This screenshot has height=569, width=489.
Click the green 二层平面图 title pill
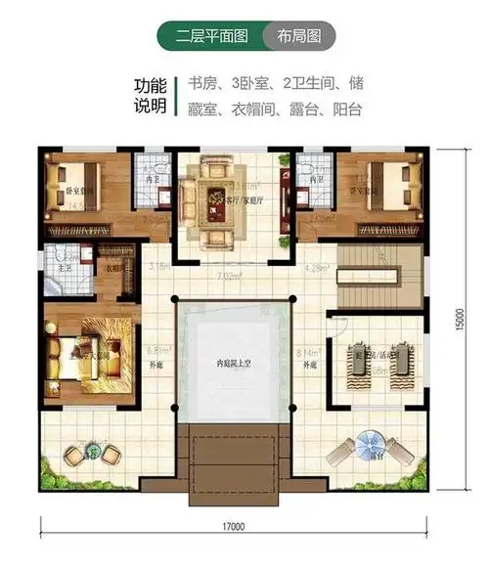click(207, 37)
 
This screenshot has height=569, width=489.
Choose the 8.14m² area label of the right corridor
click(311, 350)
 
